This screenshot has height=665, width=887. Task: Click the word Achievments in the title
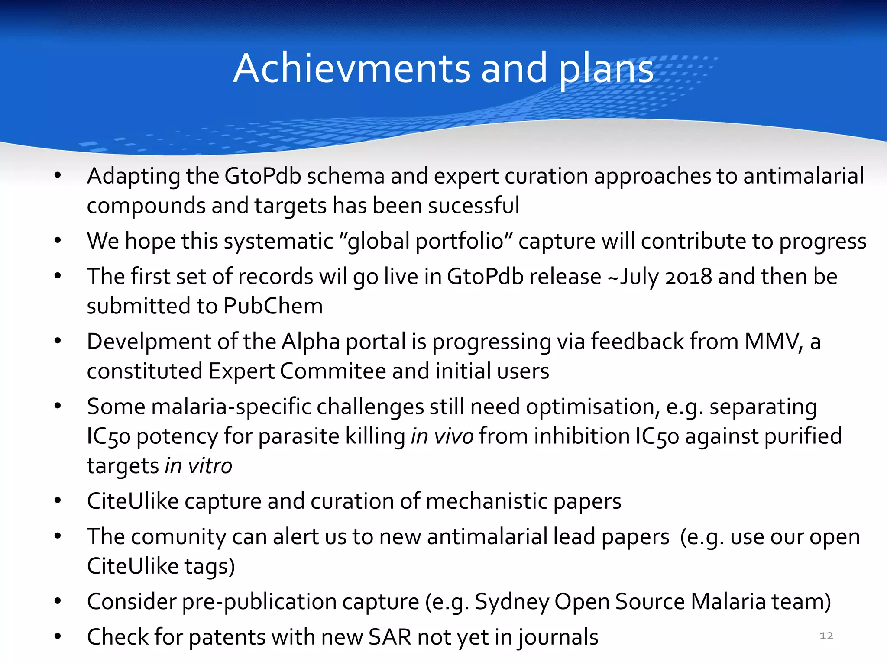tap(351, 68)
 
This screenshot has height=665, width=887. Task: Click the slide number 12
tap(826, 636)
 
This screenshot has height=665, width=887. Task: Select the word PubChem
tap(273, 306)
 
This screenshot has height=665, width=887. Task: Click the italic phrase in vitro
tap(198, 466)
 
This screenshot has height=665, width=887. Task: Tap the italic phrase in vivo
tap(442, 436)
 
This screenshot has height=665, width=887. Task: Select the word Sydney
tap(511, 602)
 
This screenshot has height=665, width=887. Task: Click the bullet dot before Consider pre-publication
tap(58, 601)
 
